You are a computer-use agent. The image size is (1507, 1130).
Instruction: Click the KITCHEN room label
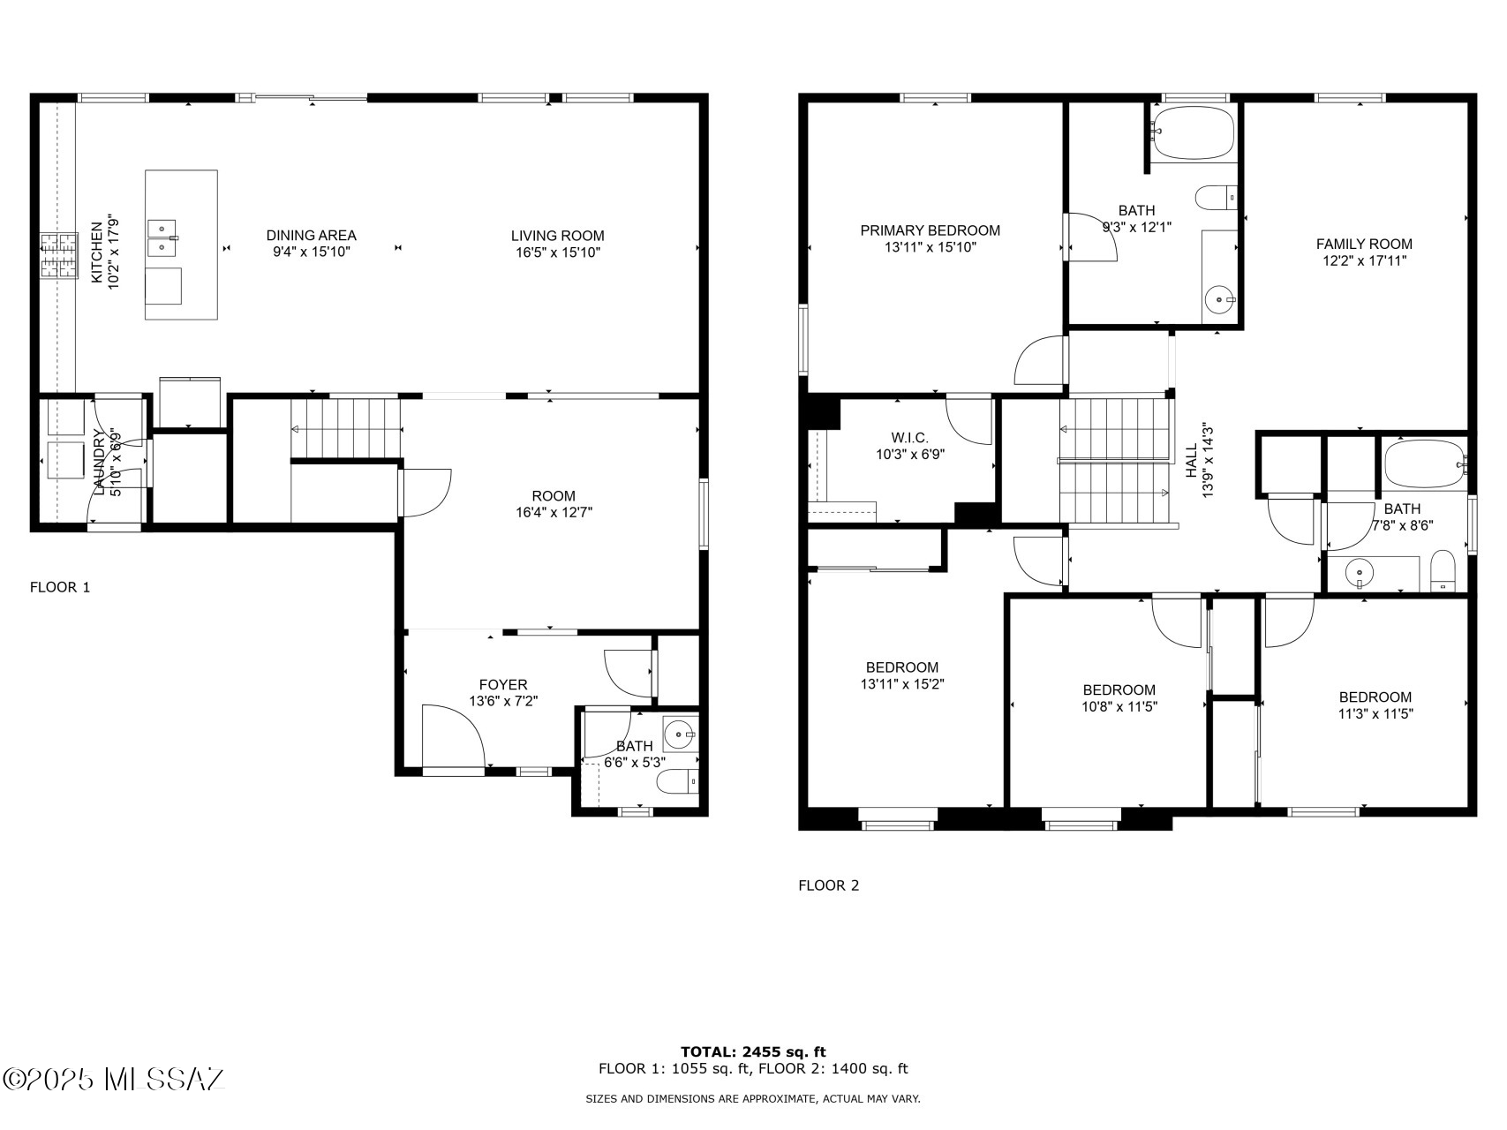[96, 253]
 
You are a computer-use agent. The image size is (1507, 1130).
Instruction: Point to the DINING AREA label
[312, 236]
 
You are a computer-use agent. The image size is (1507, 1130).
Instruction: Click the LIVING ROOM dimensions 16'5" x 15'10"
[557, 252]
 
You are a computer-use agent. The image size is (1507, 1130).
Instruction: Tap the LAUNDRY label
[100, 462]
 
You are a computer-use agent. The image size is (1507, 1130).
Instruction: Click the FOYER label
[503, 685]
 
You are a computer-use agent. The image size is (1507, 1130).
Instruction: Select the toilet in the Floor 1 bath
[680, 781]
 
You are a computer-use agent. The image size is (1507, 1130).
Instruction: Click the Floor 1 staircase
[347, 428]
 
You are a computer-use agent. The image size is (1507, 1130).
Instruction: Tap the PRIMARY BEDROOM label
[930, 230]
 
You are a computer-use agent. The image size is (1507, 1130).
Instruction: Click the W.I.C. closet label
[909, 438]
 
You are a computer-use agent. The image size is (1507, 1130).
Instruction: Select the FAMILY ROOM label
[1363, 245]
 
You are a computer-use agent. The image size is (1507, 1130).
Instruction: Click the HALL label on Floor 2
[1191, 461]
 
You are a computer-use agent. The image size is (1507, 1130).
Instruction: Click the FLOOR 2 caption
[827, 885]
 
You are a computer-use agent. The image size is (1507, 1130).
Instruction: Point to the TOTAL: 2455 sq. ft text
[752, 1051]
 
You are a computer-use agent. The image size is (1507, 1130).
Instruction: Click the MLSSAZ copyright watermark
[115, 1079]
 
